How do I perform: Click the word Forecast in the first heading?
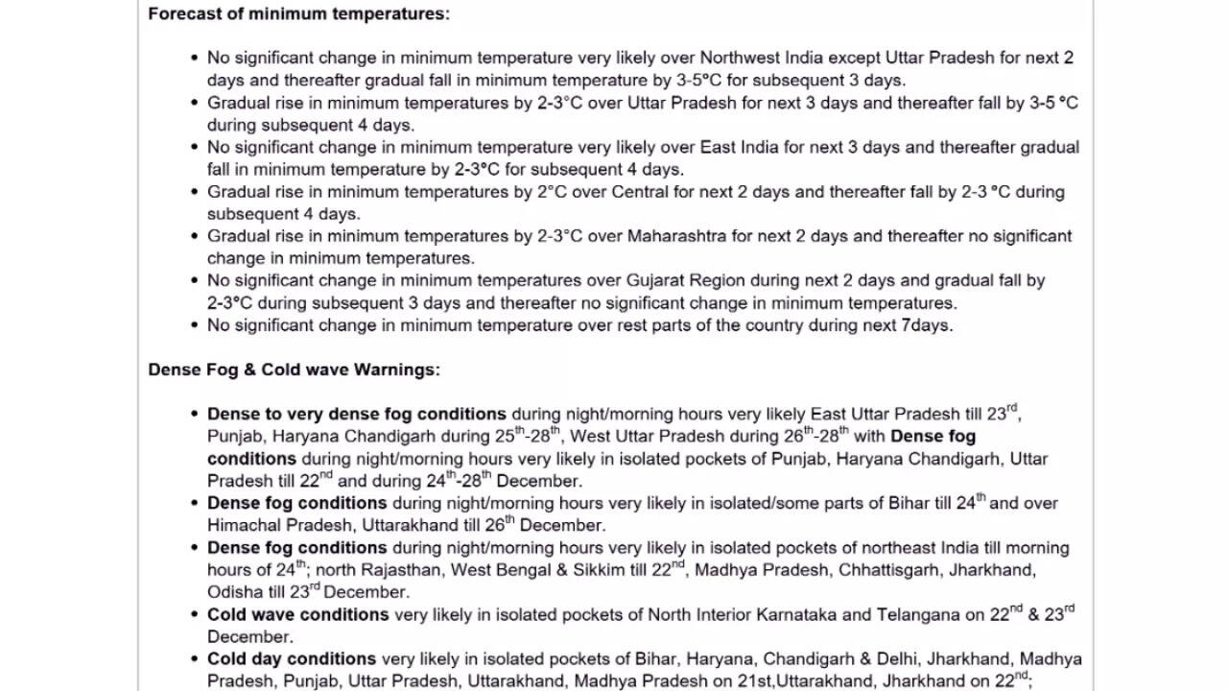tap(182, 13)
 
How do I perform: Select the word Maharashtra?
tap(674, 236)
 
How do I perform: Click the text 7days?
tap(927, 325)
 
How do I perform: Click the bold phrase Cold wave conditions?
tap(297, 615)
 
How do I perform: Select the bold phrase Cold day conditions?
tap(292, 659)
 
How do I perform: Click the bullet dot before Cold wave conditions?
tap(196, 615)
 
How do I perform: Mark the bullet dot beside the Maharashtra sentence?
tap(196, 237)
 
